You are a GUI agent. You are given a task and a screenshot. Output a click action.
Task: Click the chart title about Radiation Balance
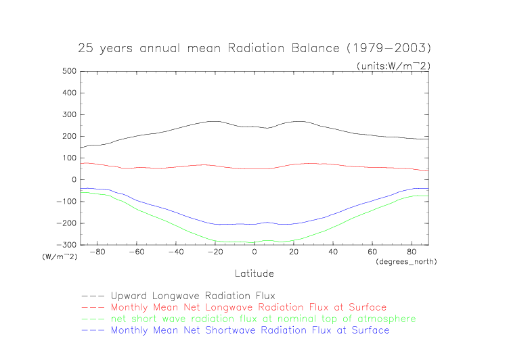pos(255,49)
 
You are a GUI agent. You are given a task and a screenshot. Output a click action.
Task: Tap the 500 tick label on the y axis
pos(67,71)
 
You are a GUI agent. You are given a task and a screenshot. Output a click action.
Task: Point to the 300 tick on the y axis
pos(67,114)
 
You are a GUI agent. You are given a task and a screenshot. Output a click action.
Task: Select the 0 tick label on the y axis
pos(72,179)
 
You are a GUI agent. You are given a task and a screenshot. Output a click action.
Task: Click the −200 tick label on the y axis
pos(65,223)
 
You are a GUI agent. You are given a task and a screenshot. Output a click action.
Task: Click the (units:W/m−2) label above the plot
pos(393,65)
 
